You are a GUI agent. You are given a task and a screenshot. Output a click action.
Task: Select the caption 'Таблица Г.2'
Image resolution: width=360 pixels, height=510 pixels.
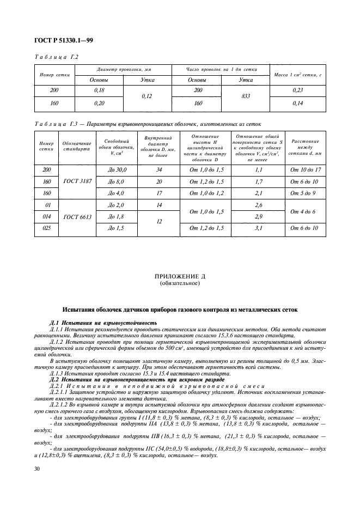(57, 57)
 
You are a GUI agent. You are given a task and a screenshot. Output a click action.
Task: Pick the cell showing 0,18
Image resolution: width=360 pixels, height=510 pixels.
(99, 91)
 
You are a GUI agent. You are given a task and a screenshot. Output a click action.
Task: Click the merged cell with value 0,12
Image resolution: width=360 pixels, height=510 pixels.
(148, 97)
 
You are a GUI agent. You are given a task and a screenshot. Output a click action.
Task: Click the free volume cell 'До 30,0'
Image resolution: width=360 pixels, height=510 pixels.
(117, 170)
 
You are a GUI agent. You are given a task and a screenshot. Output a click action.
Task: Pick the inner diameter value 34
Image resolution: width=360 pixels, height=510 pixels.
(160, 170)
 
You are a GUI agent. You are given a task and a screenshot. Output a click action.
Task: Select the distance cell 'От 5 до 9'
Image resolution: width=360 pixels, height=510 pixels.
(304, 193)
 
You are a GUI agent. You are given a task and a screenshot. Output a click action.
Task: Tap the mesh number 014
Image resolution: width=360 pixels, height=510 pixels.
(46, 216)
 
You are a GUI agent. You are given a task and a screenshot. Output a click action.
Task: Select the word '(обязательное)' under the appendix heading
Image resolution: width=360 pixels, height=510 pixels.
(180, 284)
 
